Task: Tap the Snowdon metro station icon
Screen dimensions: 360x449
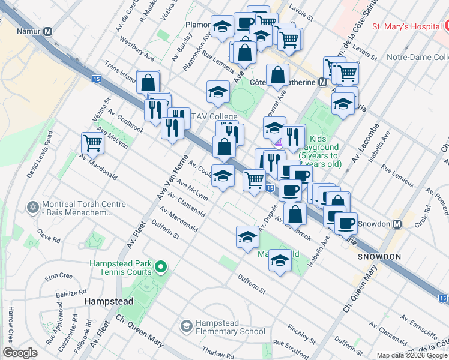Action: pyautogui.click(x=396, y=224)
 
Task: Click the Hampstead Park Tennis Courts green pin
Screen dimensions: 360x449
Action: pyautogui.click(x=160, y=267)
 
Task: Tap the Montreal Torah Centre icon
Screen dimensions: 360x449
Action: pyautogui.click(x=32, y=208)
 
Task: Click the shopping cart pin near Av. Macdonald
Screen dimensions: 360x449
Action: pyautogui.click(x=92, y=143)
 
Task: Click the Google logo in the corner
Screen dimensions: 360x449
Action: pyautogui.click(x=20, y=353)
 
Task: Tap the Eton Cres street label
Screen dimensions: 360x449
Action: pyautogui.click(x=58, y=277)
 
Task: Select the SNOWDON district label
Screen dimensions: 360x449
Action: pyautogui.click(x=379, y=256)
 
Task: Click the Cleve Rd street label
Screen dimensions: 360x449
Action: pyautogui.click(x=49, y=236)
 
